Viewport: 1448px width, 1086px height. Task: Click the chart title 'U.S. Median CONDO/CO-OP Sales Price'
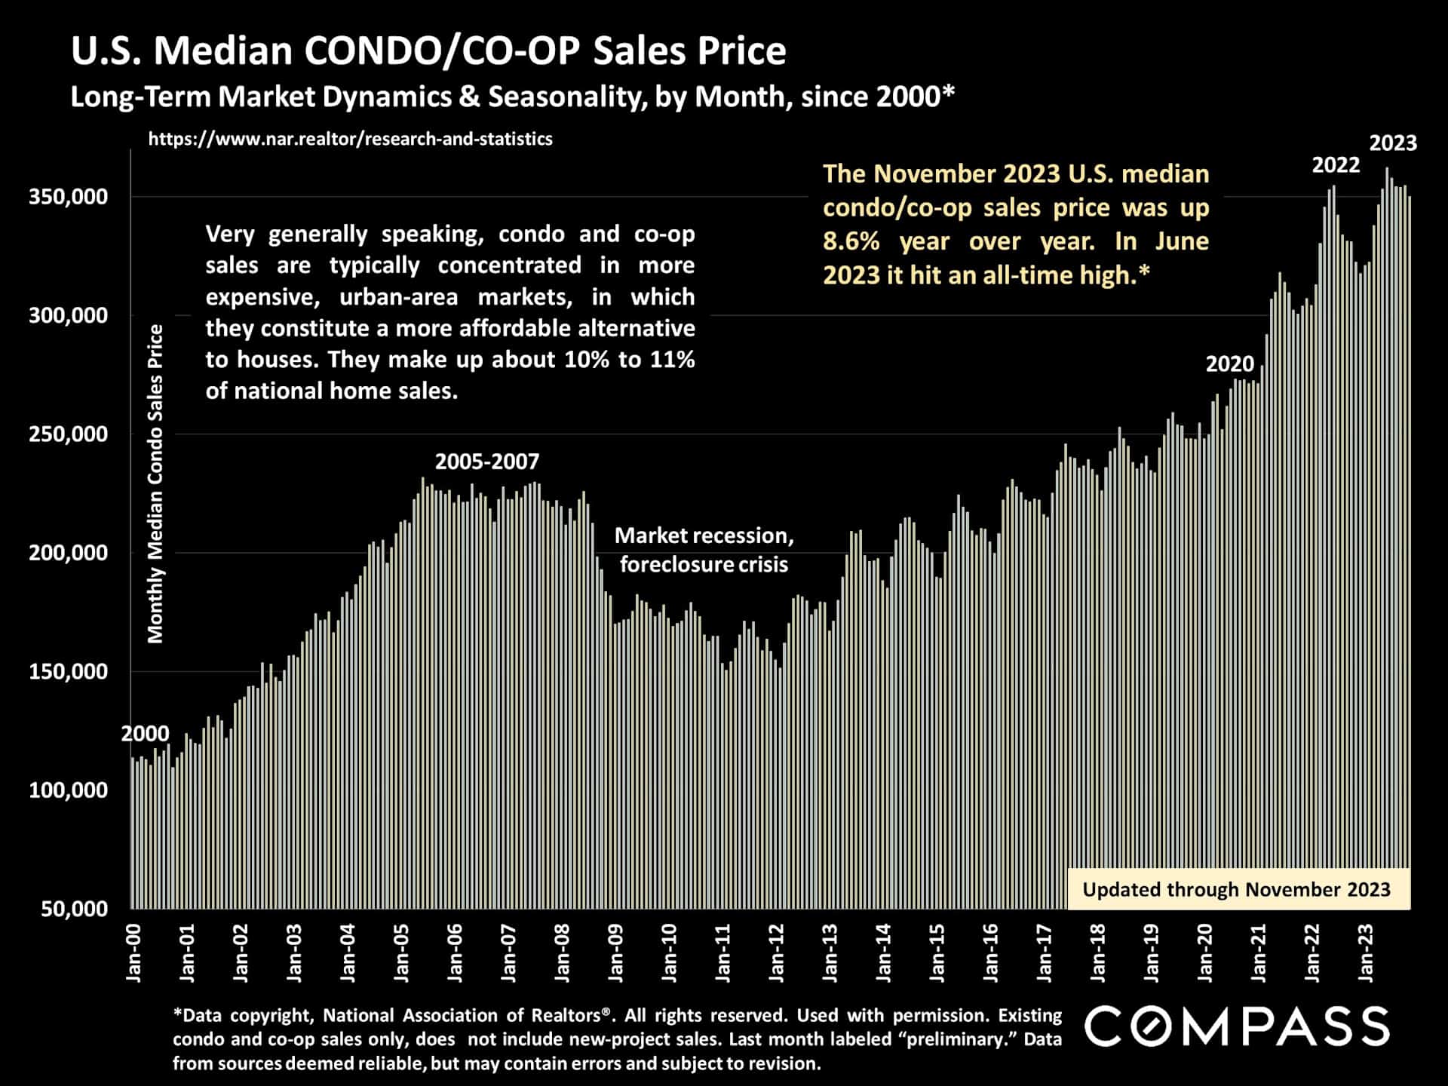428,51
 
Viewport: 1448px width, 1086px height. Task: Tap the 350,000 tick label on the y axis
68,197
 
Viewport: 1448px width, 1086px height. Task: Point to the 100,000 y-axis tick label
68,790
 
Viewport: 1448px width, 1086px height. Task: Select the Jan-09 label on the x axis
616,953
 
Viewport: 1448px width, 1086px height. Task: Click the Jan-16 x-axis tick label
991,953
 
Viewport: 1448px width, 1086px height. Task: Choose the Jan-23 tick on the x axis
1366,953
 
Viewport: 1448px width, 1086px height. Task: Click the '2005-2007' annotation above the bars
487,462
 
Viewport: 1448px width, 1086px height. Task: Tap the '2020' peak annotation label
1229,364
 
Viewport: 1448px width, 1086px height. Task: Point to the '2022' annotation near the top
1336,165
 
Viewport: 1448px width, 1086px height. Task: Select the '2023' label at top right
1393,143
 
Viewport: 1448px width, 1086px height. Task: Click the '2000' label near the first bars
145,734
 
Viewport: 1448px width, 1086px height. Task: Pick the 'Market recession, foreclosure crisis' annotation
704,550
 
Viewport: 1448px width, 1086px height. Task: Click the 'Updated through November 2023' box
1237,890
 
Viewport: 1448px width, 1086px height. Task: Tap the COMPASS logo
1237,1026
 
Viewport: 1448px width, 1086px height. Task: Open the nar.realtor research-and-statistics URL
350,139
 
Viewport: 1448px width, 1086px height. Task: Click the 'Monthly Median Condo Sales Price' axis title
155,483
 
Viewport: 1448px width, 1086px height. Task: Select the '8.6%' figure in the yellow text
851,241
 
